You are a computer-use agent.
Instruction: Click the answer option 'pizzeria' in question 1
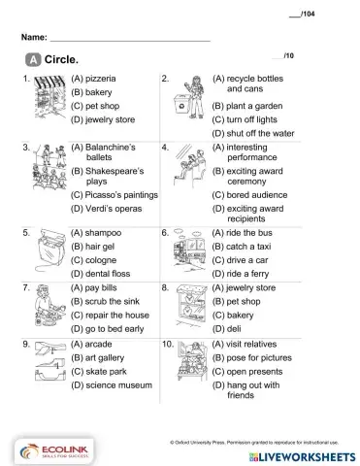(x=99, y=75)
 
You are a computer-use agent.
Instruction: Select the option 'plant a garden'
(x=243, y=104)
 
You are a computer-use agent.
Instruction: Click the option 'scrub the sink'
(x=106, y=303)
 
